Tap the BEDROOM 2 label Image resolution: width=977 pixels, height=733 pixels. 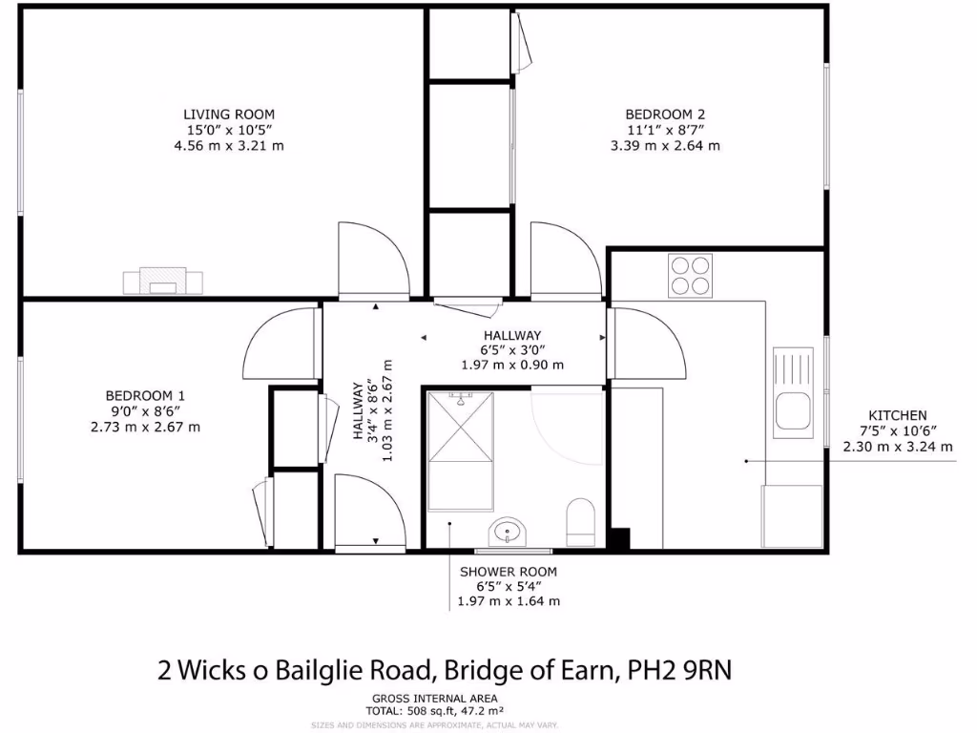point(665,114)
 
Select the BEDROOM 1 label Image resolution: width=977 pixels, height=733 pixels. point(145,395)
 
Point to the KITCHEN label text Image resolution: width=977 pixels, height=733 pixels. point(897,415)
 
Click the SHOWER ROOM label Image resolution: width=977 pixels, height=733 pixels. point(509,571)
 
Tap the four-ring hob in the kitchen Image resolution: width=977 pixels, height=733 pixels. point(690,275)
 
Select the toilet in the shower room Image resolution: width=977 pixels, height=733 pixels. point(580,521)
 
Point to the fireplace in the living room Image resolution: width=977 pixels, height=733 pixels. point(162,281)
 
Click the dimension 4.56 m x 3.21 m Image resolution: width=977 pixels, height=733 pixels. point(234,146)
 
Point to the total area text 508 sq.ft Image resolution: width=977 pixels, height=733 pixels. point(433,710)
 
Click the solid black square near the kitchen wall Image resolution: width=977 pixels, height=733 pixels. point(620,539)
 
